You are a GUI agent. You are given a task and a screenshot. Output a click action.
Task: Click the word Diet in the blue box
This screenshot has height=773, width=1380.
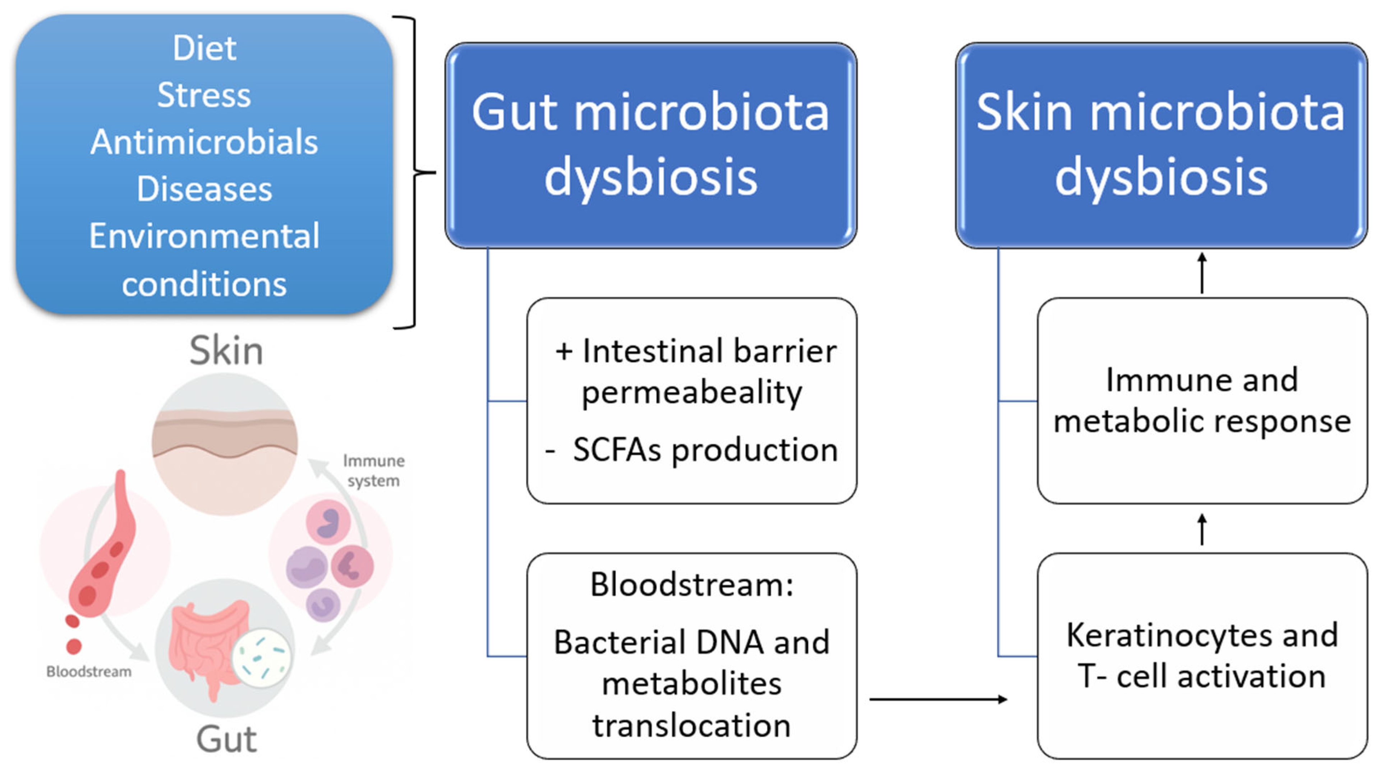pyautogui.click(x=204, y=49)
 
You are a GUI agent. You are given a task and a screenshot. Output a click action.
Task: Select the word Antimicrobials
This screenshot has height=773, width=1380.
pyautogui.click(x=204, y=143)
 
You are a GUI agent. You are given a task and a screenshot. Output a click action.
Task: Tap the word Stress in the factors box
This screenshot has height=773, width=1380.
pyautogui.click(x=204, y=95)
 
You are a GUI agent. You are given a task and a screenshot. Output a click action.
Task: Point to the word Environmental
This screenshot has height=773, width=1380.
pyautogui.click(x=204, y=236)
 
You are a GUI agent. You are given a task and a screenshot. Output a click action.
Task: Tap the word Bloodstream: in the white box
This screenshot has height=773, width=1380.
pyautogui.click(x=691, y=585)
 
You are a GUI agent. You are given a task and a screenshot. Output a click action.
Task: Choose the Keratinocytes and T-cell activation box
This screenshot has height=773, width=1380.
pyautogui.click(x=1202, y=656)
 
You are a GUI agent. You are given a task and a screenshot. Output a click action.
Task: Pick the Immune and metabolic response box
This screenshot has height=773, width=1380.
pyautogui.click(x=1202, y=400)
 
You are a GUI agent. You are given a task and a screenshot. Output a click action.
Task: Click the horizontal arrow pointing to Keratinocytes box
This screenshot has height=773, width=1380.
pyautogui.click(x=938, y=699)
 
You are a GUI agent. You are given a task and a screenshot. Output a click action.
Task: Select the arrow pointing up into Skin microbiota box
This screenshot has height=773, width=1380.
pyautogui.click(x=1202, y=273)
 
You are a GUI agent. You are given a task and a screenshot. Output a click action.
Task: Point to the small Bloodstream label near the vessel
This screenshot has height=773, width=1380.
pyautogui.click(x=89, y=671)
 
